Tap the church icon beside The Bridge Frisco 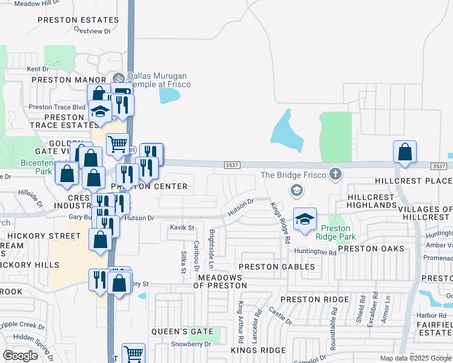(334, 175)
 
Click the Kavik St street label (182, 228)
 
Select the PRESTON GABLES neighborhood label (277, 267)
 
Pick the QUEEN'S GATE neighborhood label (182, 332)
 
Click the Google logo (20, 356)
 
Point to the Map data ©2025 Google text (416, 358)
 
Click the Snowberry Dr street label (190, 344)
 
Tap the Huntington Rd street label (315, 251)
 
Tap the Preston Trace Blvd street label (57, 107)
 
